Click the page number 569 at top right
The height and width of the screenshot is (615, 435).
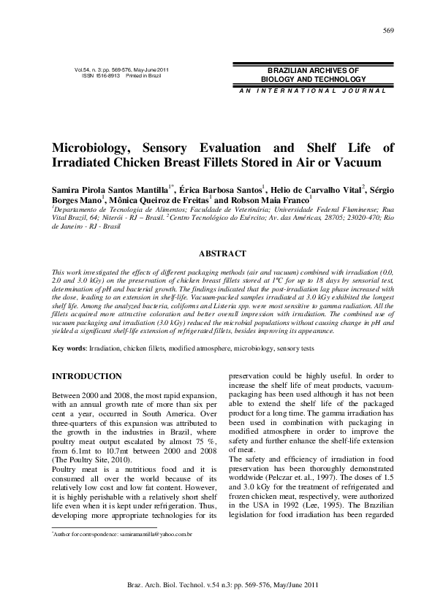(x=389, y=30)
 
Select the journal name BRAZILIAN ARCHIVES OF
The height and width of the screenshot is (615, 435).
(x=313, y=69)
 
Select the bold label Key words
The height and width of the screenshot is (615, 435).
(x=68, y=349)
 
